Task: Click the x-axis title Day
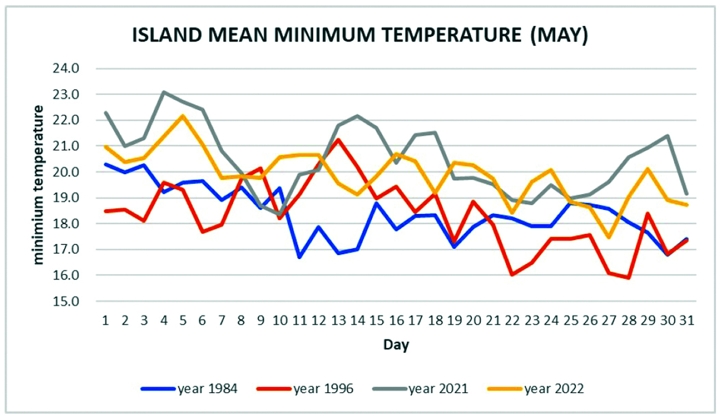[x=396, y=345]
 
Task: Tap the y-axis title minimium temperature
[x=38, y=184]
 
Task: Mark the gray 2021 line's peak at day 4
[x=163, y=92]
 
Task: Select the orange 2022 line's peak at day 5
[x=183, y=116]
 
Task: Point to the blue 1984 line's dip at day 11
[x=299, y=257]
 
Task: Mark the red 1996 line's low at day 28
[x=628, y=278]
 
